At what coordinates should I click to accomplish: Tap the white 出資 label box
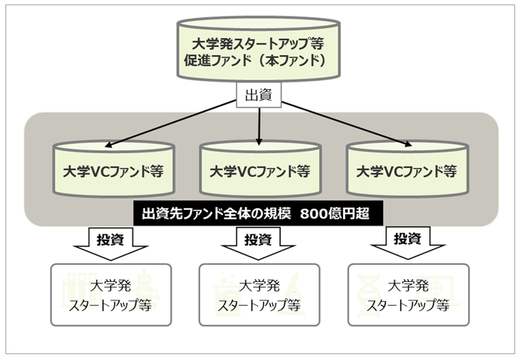tap(260, 94)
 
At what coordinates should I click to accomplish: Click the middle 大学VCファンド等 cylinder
tap(260, 170)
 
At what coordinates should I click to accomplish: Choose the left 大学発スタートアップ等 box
tap(112, 295)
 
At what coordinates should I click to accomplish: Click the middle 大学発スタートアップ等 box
tap(260, 295)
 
